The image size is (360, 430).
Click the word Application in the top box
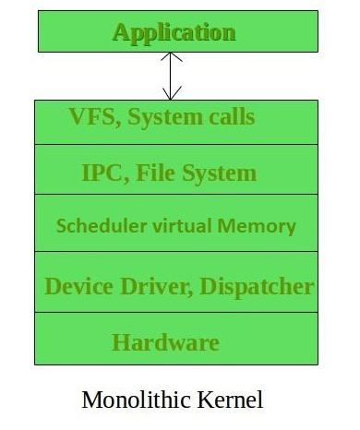click(x=174, y=32)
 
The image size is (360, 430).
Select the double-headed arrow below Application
click(x=173, y=76)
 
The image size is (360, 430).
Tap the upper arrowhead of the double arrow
click(x=173, y=57)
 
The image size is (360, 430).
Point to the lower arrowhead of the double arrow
click(x=173, y=93)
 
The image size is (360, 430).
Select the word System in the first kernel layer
click(x=162, y=117)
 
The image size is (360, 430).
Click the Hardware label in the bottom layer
click(x=165, y=342)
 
